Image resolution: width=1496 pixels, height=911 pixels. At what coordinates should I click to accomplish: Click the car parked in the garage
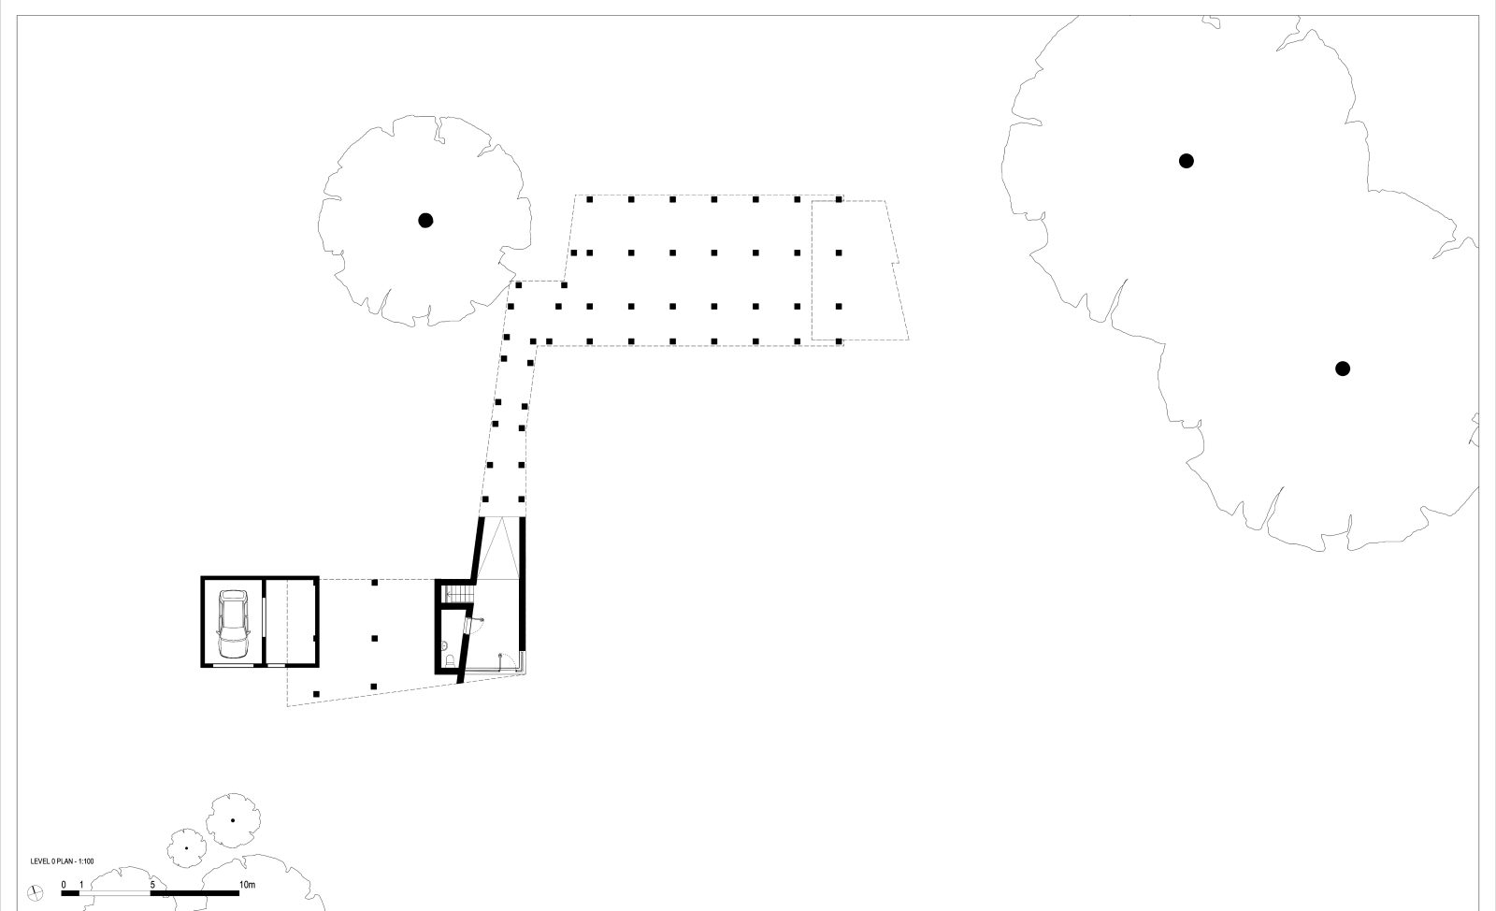pos(232,624)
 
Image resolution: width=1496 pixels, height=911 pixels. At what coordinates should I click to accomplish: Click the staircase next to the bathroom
pos(458,594)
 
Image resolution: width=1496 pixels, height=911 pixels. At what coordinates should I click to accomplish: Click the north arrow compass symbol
pos(36,891)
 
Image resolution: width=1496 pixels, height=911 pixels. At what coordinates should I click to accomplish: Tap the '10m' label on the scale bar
pos(247,884)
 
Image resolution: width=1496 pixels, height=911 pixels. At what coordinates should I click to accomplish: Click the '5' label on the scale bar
pos(151,884)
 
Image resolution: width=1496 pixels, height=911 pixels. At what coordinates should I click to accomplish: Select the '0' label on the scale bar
pos(64,884)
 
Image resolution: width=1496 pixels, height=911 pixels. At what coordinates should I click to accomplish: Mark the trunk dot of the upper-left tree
pos(425,221)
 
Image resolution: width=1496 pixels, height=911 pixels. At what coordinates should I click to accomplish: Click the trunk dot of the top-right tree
pos(1187,161)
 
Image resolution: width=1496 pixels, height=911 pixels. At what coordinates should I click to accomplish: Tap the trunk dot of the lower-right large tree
pos(1343,369)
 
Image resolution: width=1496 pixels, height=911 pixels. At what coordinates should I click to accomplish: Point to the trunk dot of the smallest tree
pos(186,848)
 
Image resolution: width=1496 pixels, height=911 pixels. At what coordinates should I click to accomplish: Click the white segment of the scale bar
pos(115,893)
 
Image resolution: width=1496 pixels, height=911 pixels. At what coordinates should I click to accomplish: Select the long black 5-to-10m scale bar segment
pos(194,893)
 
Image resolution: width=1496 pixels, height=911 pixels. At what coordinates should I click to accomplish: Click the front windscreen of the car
pos(232,613)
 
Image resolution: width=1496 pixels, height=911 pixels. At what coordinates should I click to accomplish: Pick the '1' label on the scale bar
pos(81,884)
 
